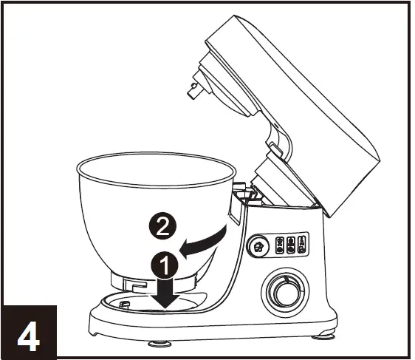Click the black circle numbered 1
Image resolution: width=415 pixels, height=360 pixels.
point(165,262)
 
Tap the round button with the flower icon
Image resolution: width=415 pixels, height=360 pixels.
point(258,245)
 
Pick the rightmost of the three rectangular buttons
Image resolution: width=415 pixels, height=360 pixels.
point(303,244)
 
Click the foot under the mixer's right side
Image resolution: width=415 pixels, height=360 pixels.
point(323,337)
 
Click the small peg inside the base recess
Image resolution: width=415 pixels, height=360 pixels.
point(124,303)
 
